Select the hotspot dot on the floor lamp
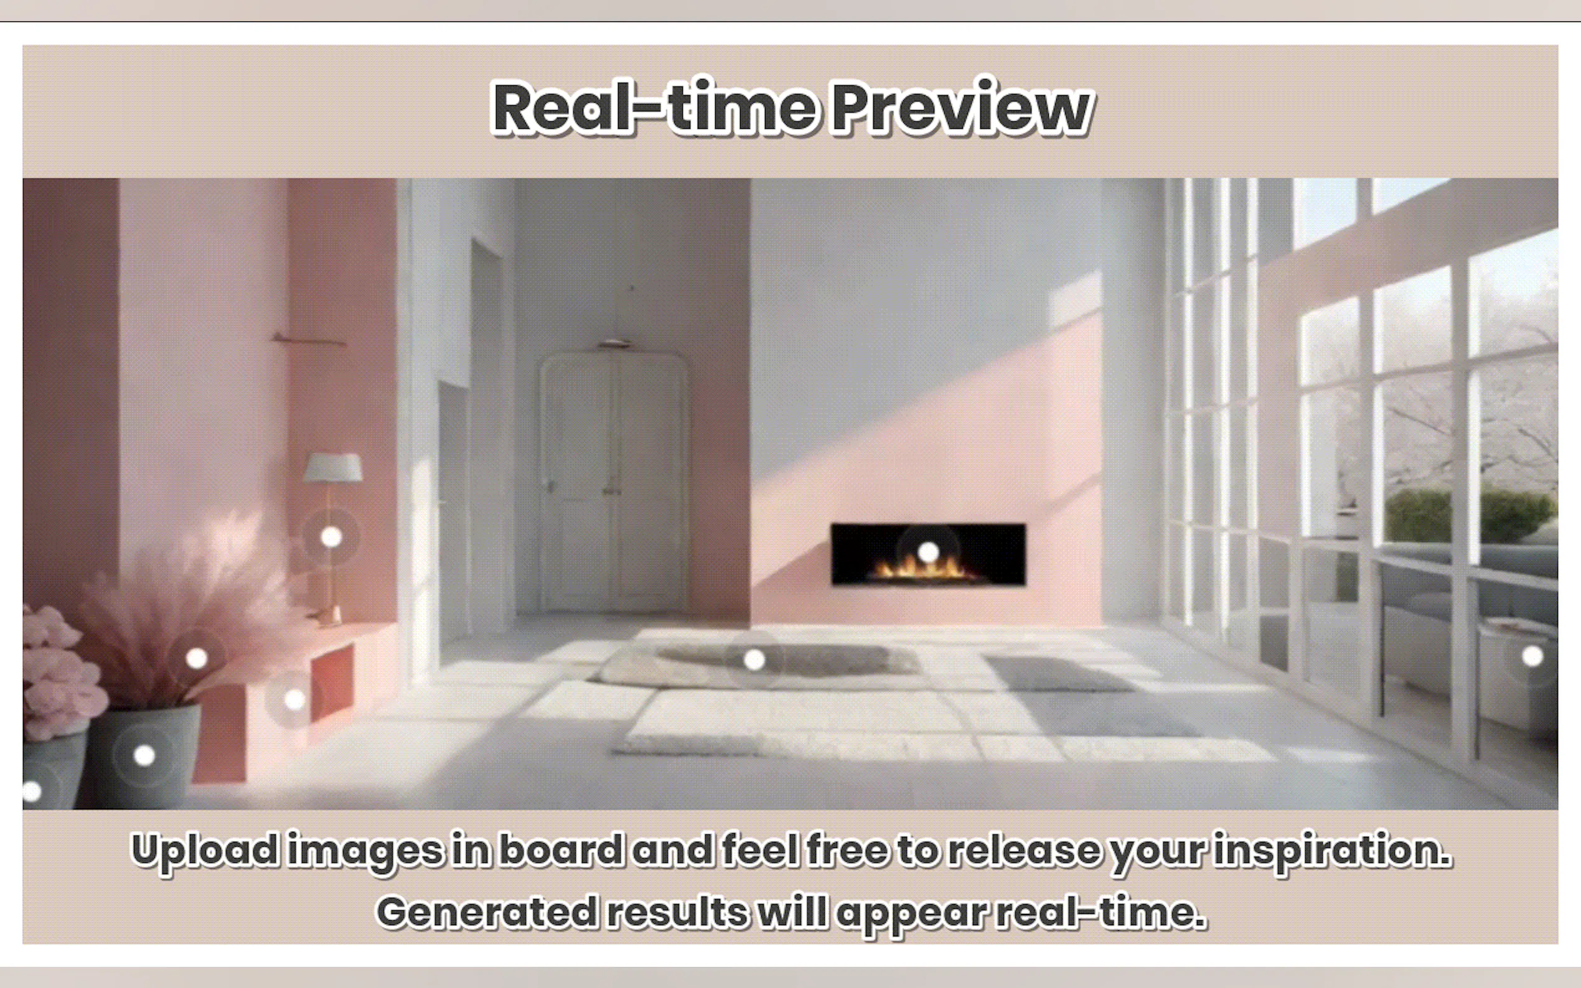coord(331,537)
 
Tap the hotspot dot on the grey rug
coord(754,660)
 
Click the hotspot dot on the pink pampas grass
coord(197,658)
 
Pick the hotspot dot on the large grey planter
coord(144,756)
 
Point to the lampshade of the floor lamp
coord(332,468)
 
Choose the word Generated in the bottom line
coord(487,912)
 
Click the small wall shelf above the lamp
coord(309,339)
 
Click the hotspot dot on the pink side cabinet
coord(295,700)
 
